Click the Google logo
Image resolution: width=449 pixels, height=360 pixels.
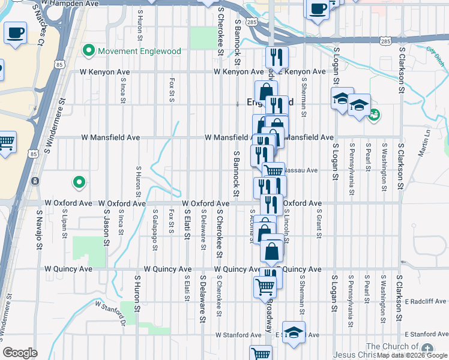[20, 353]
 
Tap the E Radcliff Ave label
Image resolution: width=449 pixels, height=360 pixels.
[425, 301]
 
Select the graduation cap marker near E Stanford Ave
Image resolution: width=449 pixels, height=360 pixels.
[293, 332]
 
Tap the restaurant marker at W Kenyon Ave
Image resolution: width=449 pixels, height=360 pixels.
[277, 58]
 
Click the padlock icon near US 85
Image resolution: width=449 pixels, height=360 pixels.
[35, 181]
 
